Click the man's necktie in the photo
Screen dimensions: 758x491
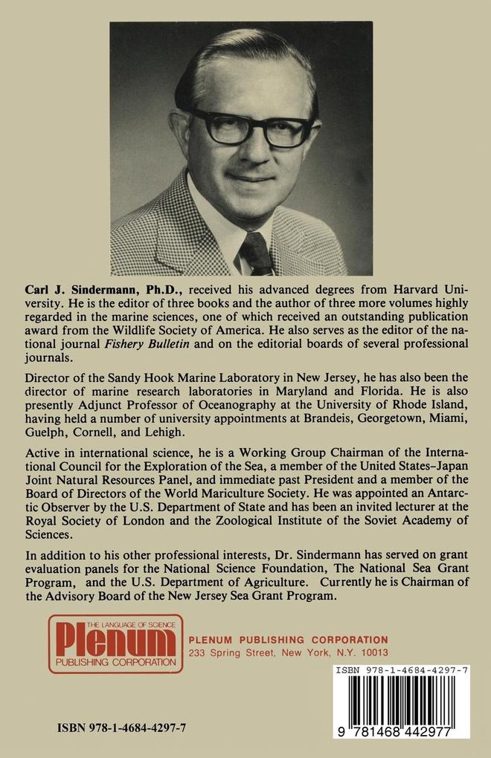[256, 253]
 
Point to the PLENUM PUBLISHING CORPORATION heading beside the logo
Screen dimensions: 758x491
[288, 639]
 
